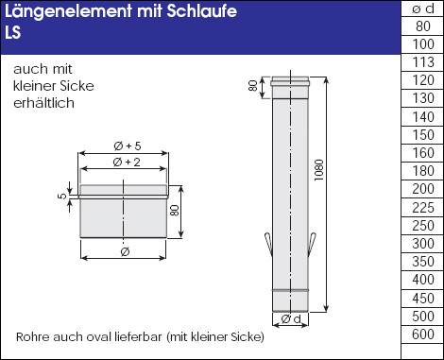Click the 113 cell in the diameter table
pyautogui.click(x=423, y=62)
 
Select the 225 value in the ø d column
pyautogui.click(x=423, y=208)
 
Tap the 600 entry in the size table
pyautogui.click(x=423, y=334)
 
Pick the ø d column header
pyautogui.click(x=423, y=9)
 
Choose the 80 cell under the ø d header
pyautogui.click(x=423, y=26)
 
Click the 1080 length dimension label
pyautogui.click(x=319, y=170)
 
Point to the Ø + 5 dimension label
pyautogui.click(x=128, y=146)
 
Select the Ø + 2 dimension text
pyautogui.click(x=127, y=163)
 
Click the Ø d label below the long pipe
pyautogui.click(x=291, y=319)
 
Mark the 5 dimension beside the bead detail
pyautogui.click(x=62, y=196)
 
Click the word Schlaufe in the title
pyautogui.click(x=201, y=11)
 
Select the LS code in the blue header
pyautogui.click(x=13, y=32)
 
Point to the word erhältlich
pyautogui.click(x=43, y=103)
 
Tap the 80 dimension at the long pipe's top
pyautogui.click(x=253, y=86)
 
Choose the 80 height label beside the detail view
pyautogui.click(x=174, y=211)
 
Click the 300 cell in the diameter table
pyautogui.click(x=423, y=244)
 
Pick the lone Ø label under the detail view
pyautogui.click(x=125, y=251)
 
